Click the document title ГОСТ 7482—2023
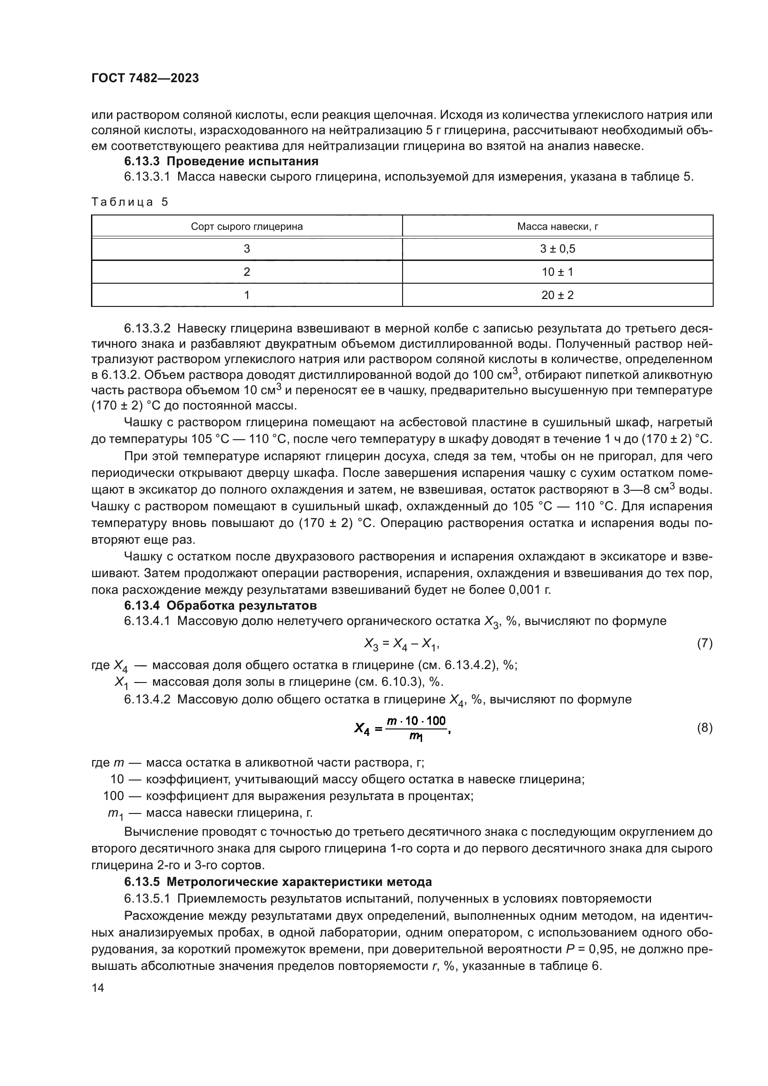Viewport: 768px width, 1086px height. click(145, 78)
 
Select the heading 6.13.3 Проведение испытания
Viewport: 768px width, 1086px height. click(221, 161)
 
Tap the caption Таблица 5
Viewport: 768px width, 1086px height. click(129, 202)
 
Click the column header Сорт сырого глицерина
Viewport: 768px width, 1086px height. click(247, 227)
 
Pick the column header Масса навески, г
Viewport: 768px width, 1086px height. click(557, 227)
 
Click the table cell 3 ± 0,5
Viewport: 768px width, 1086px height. click(557, 249)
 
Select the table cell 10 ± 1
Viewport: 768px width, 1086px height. click(557, 272)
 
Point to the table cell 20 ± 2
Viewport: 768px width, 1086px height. click(557, 295)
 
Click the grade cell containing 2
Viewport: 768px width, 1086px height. click(247, 272)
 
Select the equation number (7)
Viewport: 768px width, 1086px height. click(704, 643)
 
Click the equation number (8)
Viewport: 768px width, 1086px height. click(704, 728)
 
